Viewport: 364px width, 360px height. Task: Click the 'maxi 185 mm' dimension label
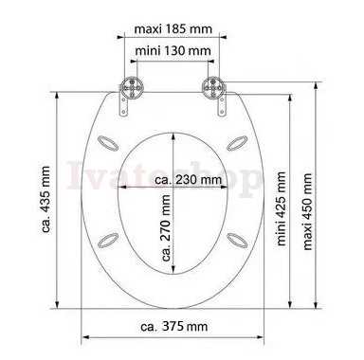point(173,29)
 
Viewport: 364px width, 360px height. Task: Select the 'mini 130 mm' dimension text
point(173,50)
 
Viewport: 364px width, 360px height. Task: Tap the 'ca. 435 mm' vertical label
point(45,200)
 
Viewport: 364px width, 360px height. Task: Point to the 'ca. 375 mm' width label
point(174,326)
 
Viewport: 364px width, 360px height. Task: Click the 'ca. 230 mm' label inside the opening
point(189,180)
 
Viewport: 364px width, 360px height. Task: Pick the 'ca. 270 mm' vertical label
point(167,227)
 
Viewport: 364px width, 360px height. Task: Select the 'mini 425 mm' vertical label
point(281,208)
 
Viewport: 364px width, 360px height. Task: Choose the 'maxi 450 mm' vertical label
point(307,211)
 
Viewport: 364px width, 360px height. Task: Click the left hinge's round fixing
point(132,86)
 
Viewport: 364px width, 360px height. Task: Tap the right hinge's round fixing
point(214,86)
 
